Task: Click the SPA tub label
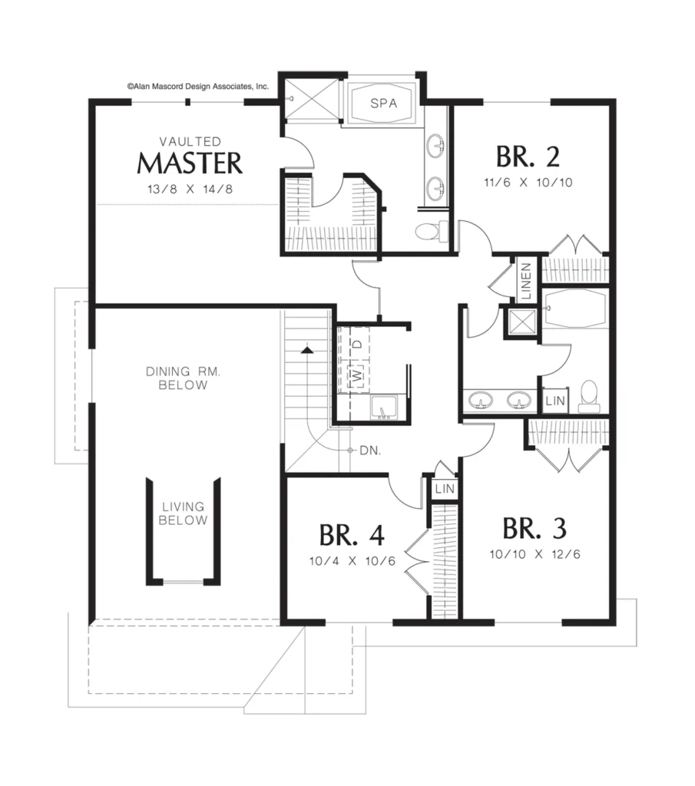[x=384, y=104]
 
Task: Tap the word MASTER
[x=190, y=163]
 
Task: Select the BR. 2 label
[x=528, y=157]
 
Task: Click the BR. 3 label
[x=534, y=528]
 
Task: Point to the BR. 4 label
[x=352, y=535]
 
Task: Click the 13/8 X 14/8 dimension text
[x=190, y=189]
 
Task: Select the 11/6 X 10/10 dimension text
[x=528, y=183]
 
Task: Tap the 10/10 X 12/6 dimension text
[x=535, y=554]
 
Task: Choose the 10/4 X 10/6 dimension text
[x=352, y=561]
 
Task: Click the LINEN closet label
[x=526, y=281]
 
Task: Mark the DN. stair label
[x=371, y=450]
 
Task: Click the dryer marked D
[x=358, y=344]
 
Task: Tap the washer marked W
[x=358, y=375]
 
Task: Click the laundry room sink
[x=384, y=407]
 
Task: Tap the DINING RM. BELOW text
[x=183, y=378]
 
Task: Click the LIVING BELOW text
[x=183, y=514]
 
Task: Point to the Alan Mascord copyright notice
[x=197, y=86]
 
